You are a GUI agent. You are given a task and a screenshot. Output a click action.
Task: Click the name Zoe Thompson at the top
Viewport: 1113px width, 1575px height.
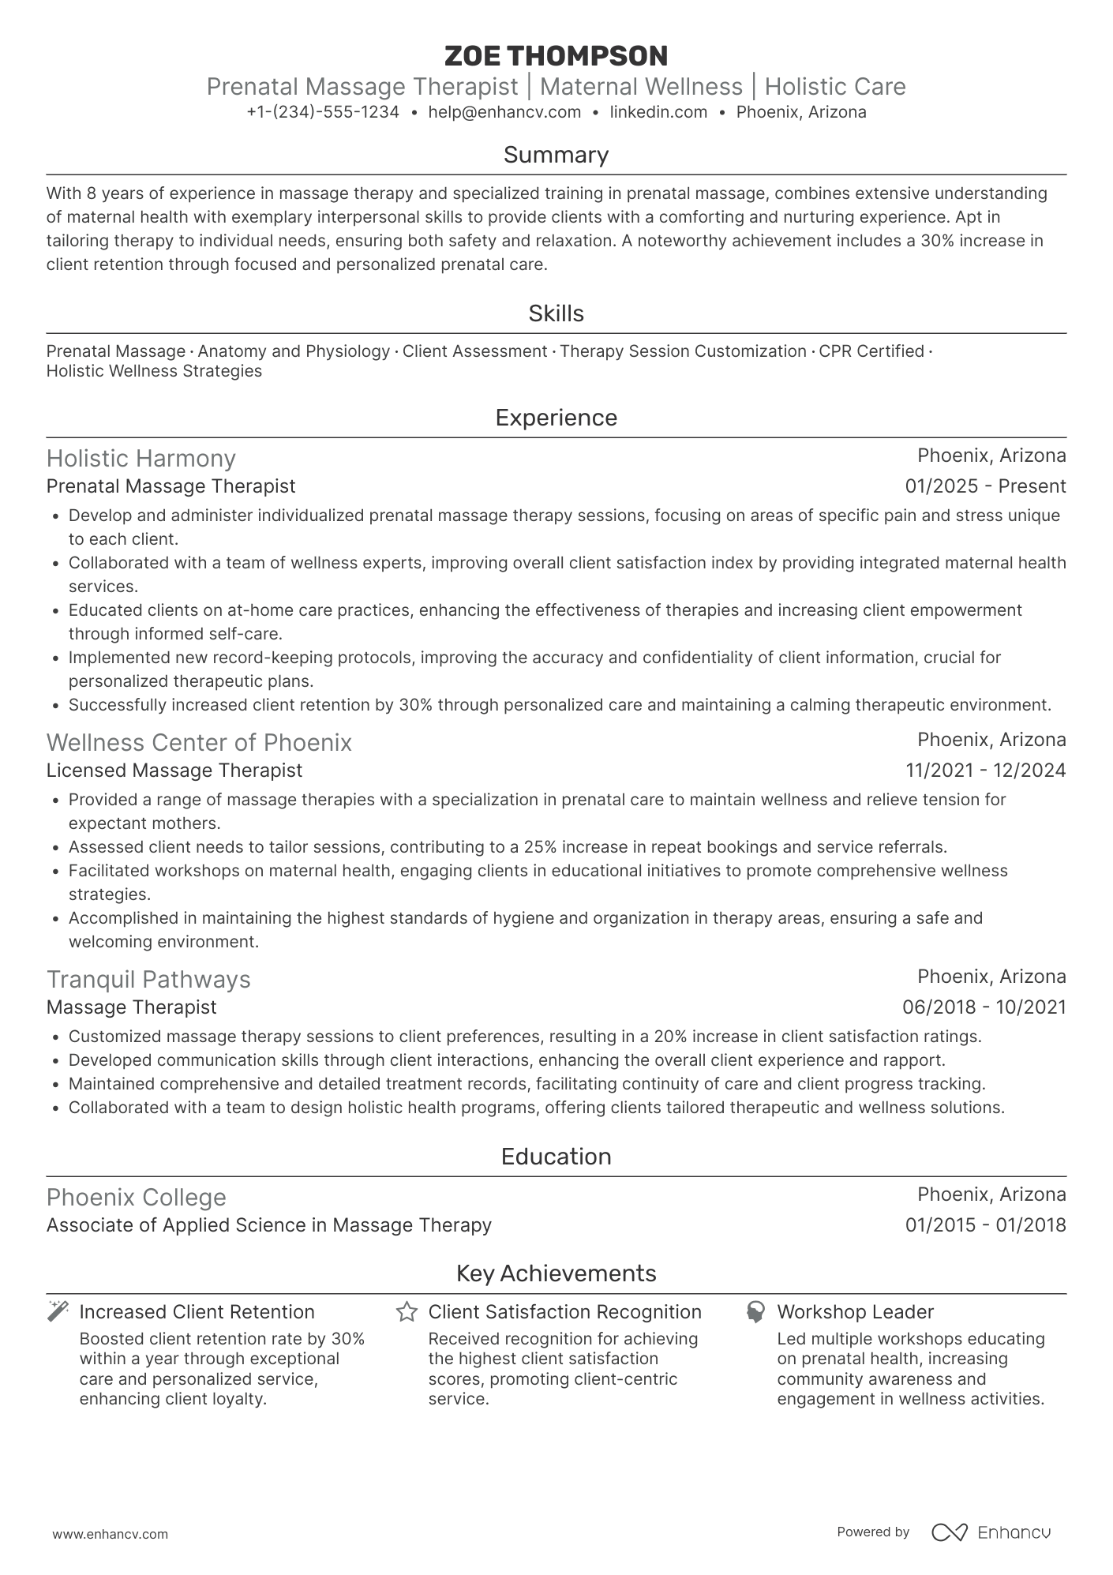click(556, 56)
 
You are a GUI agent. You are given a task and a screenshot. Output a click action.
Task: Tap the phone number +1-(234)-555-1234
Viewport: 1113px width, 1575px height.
click(323, 112)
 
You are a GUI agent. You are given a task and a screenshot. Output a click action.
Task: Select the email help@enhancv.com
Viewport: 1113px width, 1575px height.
click(504, 112)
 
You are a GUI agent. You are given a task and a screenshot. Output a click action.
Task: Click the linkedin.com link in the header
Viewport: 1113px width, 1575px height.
click(658, 112)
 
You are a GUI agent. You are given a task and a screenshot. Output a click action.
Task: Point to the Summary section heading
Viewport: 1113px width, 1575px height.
click(556, 155)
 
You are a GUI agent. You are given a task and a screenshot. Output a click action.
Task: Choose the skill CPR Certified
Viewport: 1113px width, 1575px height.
click(871, 351)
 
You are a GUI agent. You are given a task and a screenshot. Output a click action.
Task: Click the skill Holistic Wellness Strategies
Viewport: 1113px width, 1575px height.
click(154, 371)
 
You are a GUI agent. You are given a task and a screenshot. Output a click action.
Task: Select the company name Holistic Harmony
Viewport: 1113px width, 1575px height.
click(141, 459)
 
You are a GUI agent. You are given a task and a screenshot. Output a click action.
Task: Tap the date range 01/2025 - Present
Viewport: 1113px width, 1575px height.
click(985, 486)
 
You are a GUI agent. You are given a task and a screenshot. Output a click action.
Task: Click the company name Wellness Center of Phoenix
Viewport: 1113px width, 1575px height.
click(199, 743)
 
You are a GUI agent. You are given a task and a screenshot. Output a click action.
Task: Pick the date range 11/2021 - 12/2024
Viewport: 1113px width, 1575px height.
click(985, 771)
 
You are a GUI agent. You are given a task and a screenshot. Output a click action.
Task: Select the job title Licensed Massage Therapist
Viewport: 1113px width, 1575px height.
click(174, 771)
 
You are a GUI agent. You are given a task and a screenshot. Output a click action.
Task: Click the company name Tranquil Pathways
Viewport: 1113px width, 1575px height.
click(148, 980)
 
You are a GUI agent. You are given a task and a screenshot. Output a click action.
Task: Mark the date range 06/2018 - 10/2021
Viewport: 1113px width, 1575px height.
click(984, 1007)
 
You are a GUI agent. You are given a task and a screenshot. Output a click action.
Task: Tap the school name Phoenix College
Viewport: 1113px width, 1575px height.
click(137, 1198)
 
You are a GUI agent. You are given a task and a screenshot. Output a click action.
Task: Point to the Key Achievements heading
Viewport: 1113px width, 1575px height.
click(556, 1273)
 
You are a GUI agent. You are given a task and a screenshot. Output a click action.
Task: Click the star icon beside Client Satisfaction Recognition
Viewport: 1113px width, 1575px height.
click(407, 1312)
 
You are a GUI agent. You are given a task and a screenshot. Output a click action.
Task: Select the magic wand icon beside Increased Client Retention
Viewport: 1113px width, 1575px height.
click(58, 1312)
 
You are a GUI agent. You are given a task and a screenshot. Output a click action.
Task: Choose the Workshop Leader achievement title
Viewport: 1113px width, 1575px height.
click(855, 1312)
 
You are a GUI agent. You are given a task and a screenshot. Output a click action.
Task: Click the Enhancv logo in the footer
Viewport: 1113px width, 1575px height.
click(991, 1532)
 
